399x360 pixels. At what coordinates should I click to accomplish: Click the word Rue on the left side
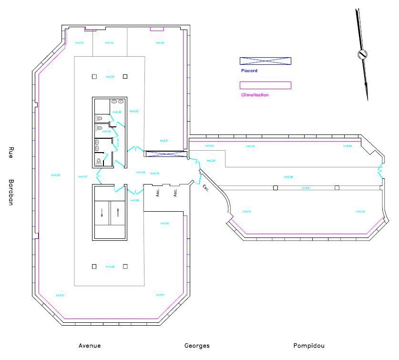tap(10, 152)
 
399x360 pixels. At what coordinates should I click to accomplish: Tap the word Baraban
tap(10, 192)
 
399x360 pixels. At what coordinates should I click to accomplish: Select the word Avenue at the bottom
tap(90, 346)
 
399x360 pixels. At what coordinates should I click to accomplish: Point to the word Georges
tap(197, 346)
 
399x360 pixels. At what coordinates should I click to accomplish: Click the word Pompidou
tap(309, 346)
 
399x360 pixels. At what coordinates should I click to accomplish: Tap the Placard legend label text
tap(249, 71)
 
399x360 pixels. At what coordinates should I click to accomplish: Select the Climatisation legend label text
tap(255, 95)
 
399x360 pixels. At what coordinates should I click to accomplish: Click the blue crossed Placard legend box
tap(265, 61)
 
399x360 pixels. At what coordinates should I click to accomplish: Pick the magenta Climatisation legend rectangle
tap(265, 85)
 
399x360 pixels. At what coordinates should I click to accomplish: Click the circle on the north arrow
tap(362, 54)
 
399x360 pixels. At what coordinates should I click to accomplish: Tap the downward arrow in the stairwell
tap(102, 213)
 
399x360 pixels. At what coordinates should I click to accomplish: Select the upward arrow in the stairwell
tap(118, 213)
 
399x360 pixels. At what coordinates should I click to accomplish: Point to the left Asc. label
tap(158, 192)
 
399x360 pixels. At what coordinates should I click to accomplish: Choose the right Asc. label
tap(175, 192)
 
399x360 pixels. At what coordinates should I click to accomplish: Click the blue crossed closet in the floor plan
tap(165, 154)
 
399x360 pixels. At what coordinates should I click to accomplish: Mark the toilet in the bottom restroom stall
tap(99, 162)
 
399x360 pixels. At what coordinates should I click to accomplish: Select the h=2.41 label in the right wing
tap(306, 188)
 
